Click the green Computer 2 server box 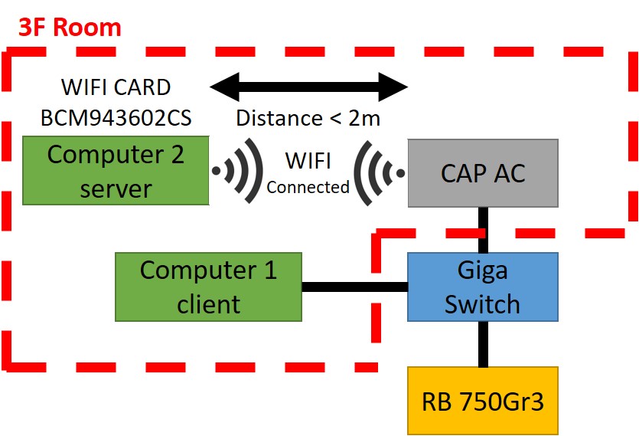[116, 170]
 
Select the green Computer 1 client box [208, 287]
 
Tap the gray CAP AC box [483, 173]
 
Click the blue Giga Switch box [483, 287]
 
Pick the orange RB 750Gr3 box [483, 400]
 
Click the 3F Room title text [70, 28]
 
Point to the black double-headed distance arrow [309, 86]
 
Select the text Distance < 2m [308, 118]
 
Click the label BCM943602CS [116, 119]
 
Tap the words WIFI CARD [116, 87]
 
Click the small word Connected [308, 186]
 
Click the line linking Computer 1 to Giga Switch [354, 287]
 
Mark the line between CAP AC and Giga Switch [483, 230]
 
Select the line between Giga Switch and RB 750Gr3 [483, 343]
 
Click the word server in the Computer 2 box [116, 188]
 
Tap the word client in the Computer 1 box [208, 304]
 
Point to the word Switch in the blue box [483, 303]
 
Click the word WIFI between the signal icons [308, 162]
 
